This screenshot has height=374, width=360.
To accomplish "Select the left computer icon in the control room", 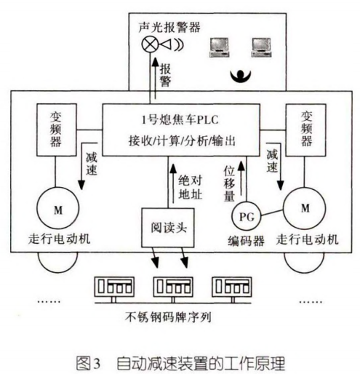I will (218, 47).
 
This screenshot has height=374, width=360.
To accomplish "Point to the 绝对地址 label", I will (191, 186).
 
